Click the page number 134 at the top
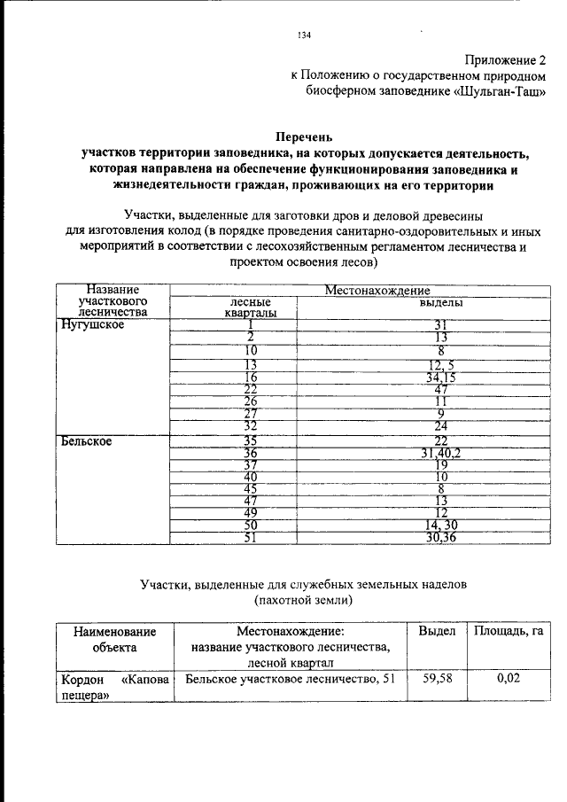(305, 35)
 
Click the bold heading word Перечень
(306, 136)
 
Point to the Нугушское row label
(92, 324)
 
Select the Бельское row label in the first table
(86, 440)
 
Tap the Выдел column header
(437, 631)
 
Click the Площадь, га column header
(508, 631)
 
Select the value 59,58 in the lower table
(437, 678)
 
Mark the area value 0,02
(508, 678)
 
